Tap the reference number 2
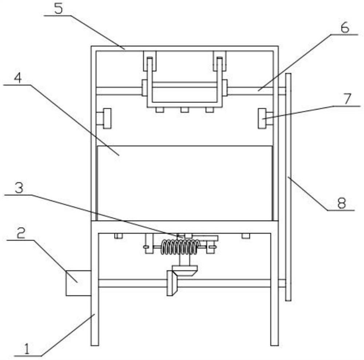tap(21, 233)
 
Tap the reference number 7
tap(347, 99)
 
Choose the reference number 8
tap(341, 203)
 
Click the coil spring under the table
tap(181, 247)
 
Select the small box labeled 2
tap(78, 283)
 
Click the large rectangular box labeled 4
tap(185, 183)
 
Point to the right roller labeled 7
tap(262, 118)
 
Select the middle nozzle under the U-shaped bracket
tap(185, 110)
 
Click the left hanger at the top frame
tap(149, 61)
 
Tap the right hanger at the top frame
tap(219, 61)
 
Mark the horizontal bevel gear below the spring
tap(185, 271)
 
